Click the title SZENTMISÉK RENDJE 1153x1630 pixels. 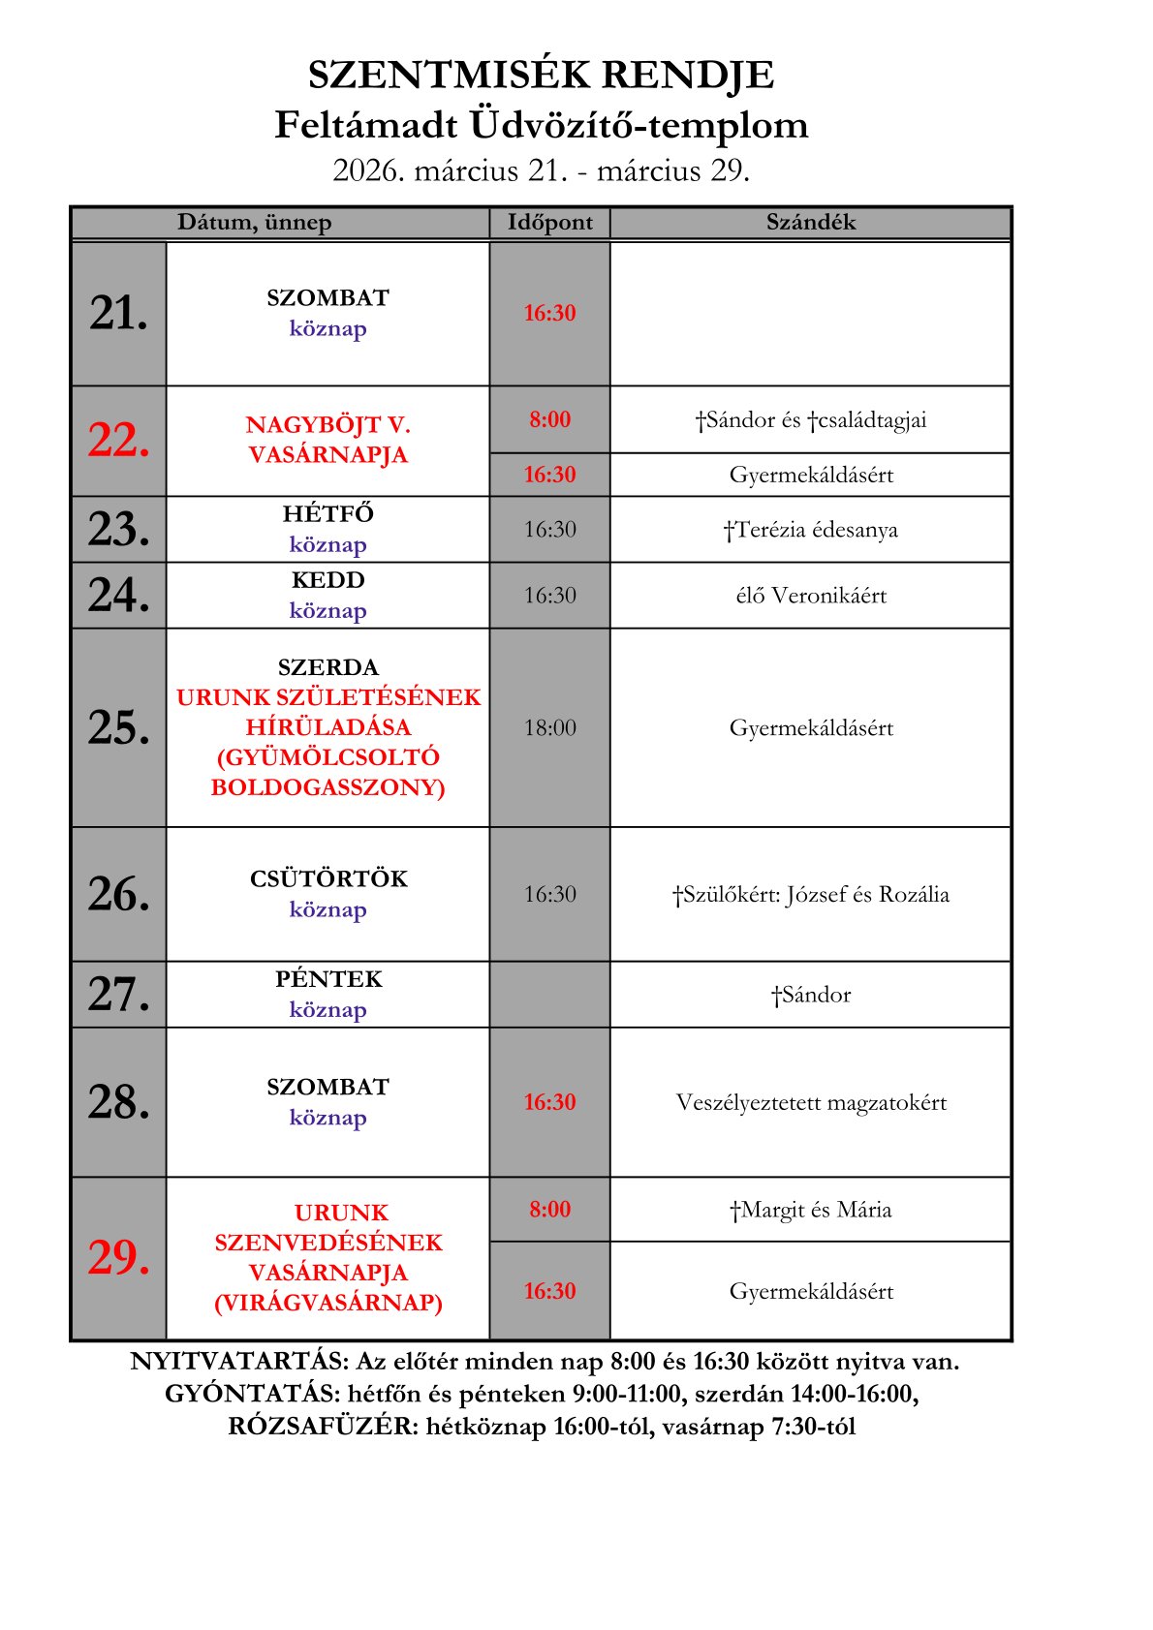click(541, 76)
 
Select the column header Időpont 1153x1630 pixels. click(549, 223)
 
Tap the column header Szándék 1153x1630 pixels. click(811, 223)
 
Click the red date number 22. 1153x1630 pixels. click(119, 441)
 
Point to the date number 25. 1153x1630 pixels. click(119, 727)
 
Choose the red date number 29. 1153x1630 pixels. click(119, 1258)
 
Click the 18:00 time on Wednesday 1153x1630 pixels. click(549, 728)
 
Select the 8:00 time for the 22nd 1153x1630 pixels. click(549, 420)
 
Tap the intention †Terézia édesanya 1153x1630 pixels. click(811, 530)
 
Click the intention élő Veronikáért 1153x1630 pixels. click(811, 596)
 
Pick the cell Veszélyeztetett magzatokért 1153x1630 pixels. click(811, 1103)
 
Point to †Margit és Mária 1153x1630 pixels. click(811, 1210)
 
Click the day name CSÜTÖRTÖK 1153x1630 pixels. click(328, 879)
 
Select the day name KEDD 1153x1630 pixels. click(328, 581)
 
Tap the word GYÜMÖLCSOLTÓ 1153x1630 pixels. click(328, 757)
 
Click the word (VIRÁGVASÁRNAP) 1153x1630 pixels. click(328, 1303)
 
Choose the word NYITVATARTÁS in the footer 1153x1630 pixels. click(238, 1362)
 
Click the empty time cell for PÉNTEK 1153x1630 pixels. click(549, 995)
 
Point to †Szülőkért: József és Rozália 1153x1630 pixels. click(811, 895)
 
